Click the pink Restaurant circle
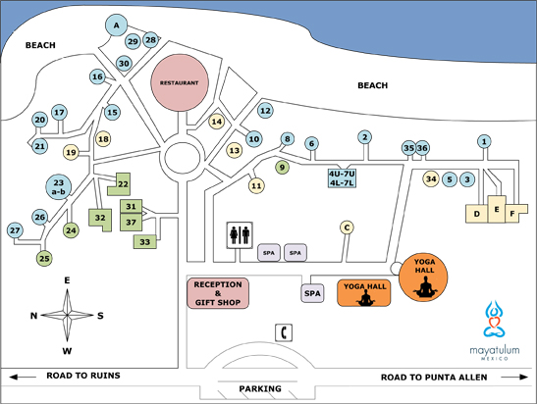(x=182, y=83)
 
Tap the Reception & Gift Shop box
(x=218, y=292)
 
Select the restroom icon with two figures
(x=241, y=235)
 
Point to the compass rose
(x=68, y=315)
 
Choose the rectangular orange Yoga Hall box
(x=363, y=292)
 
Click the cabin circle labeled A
(x=117, y=25)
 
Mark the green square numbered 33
(x=145, y=241)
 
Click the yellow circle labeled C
(x=346, y=227)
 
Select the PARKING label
(x=259, y=388)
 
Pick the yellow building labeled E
(x=498, y=210)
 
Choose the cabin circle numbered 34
(x=431, y=178)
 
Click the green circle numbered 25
(x=44, y=258)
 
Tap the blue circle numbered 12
(x=264, y=111)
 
